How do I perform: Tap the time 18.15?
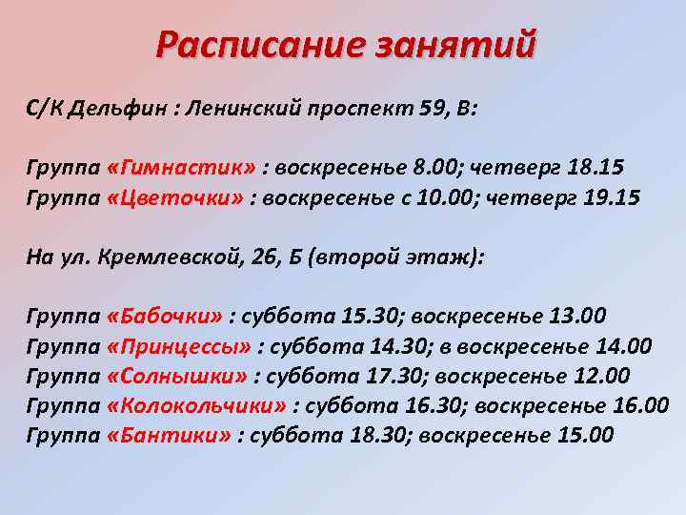(x=595, y=168)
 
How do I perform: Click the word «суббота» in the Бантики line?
(x=293, y=436)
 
